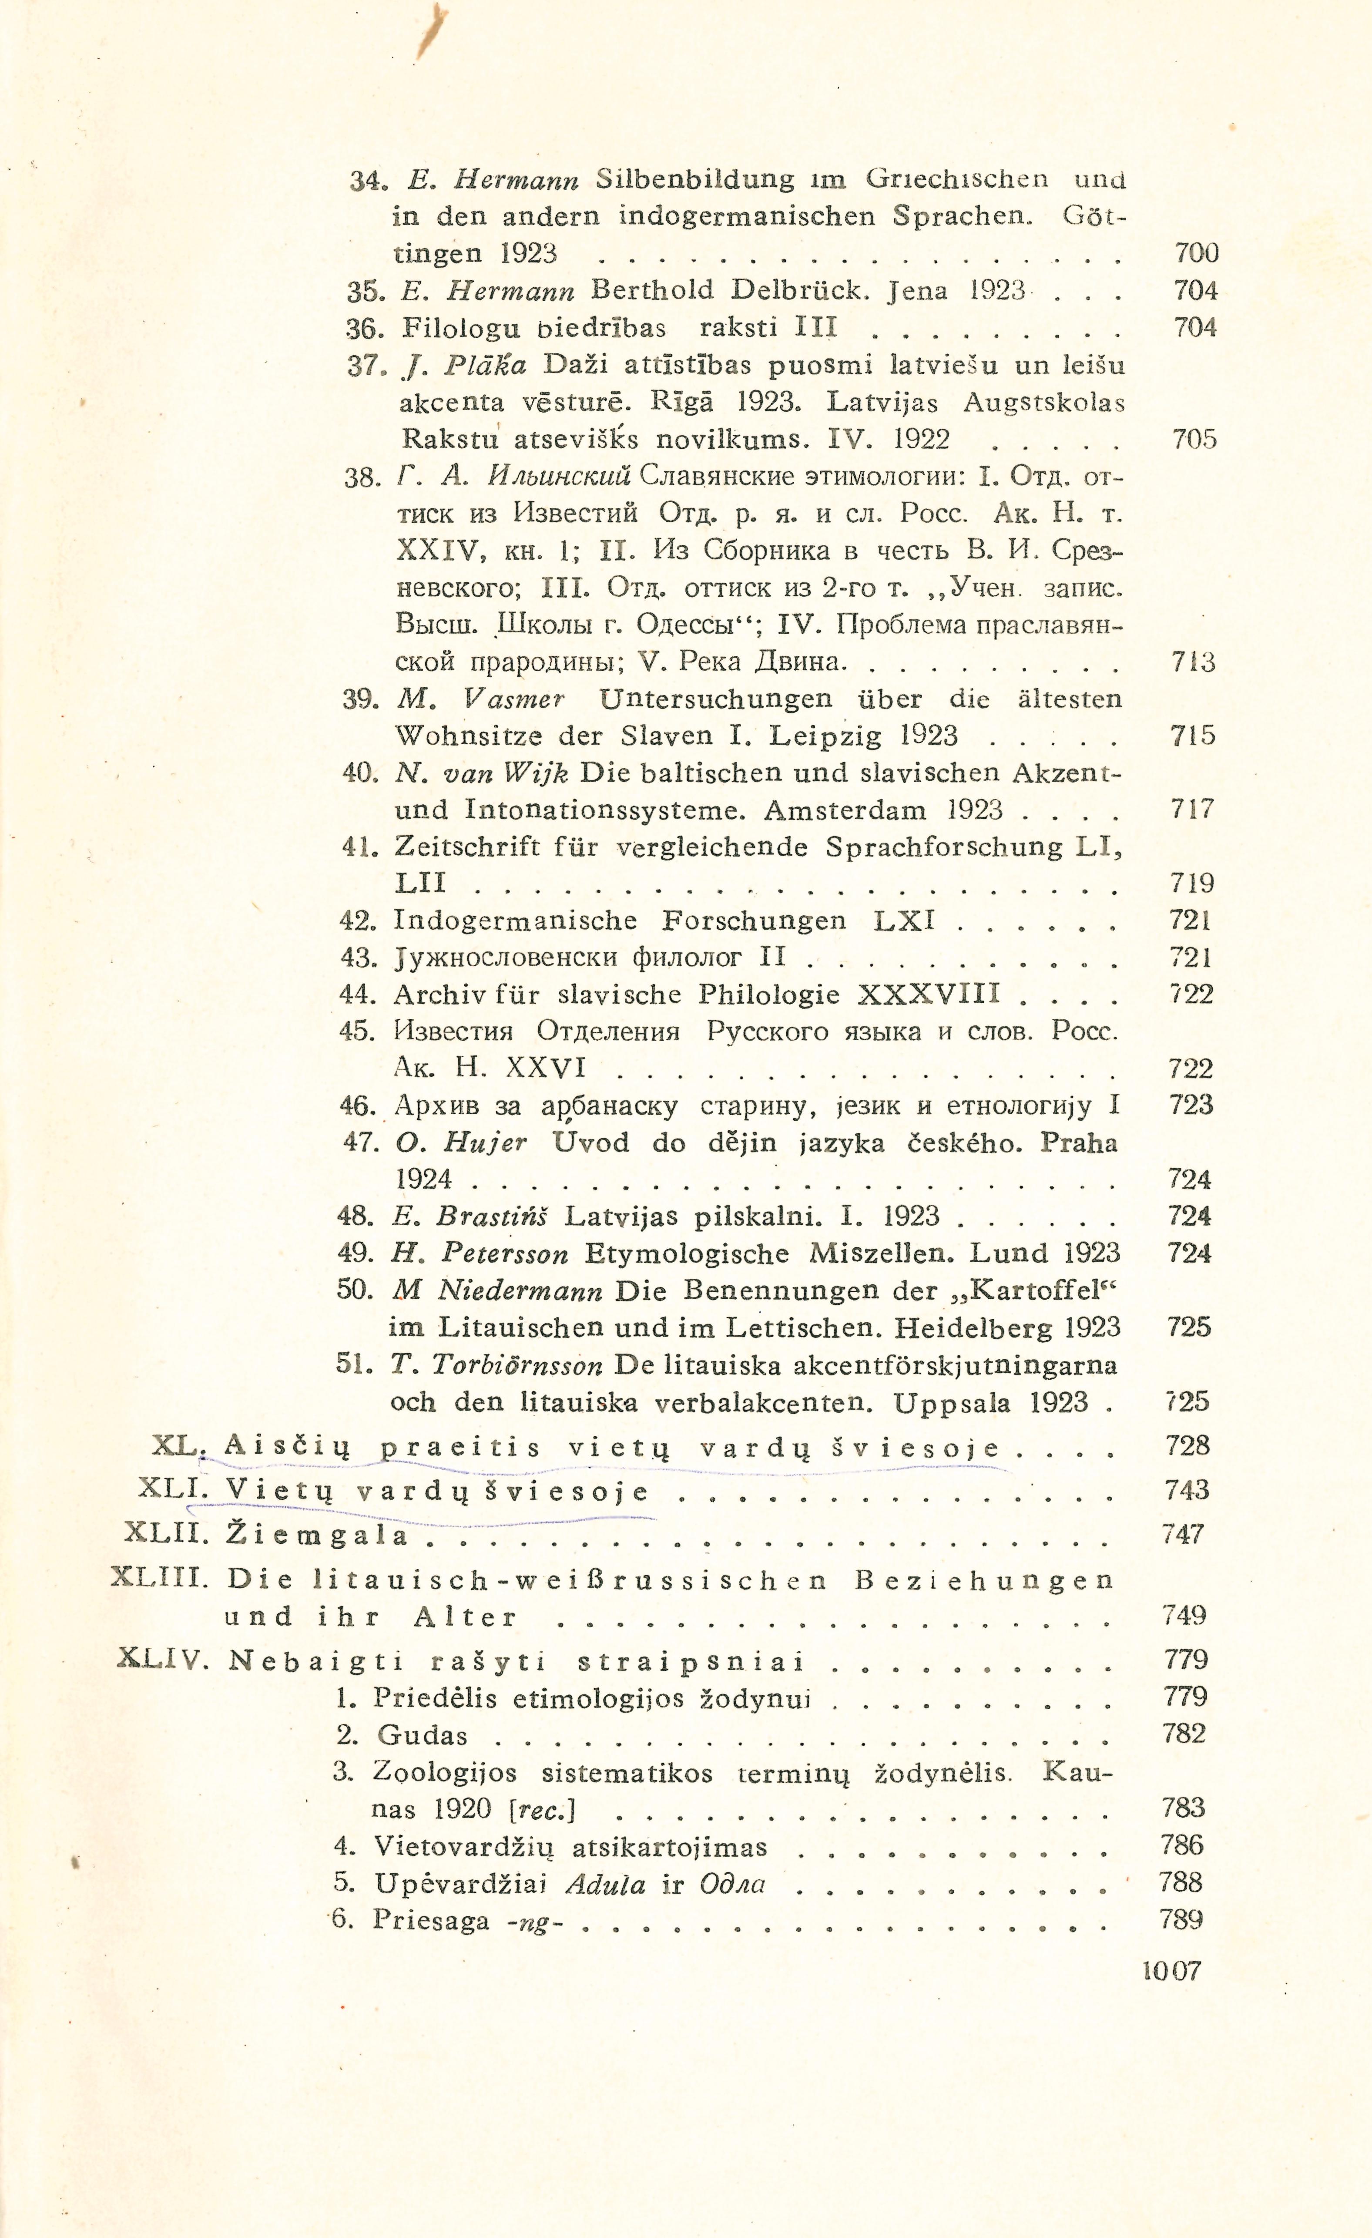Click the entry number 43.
(x=358, y=958)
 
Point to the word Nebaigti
(x=315, y=1661)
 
